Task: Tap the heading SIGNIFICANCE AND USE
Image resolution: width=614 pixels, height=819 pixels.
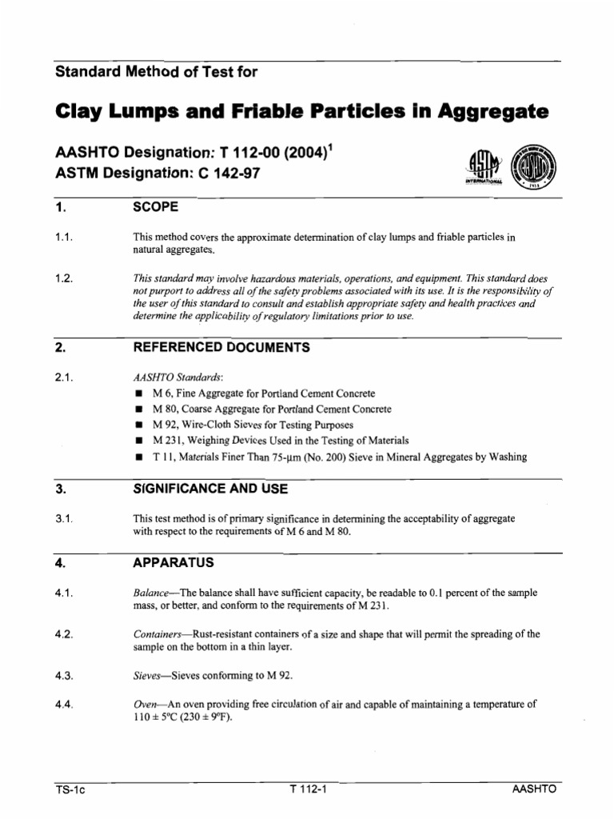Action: [x=209, y=488]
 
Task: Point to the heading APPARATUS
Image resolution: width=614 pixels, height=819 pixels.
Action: [x=173, y=562]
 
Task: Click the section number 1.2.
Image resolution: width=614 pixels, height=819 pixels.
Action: [x=65, y=279]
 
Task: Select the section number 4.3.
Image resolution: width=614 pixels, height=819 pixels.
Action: [x=65, y=676]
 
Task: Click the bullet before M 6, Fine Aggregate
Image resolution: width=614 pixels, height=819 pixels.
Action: [x=138, y=394]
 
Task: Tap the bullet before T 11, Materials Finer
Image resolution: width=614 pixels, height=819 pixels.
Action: [x=138, y=457]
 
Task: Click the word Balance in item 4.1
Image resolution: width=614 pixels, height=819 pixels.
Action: [x=150, y=593]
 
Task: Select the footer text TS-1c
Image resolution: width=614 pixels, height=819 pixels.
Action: [x=70, y=789]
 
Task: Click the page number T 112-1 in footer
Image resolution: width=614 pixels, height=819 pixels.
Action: [x=309, y=789]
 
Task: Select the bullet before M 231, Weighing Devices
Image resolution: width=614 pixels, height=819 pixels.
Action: [x=138, y=441]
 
